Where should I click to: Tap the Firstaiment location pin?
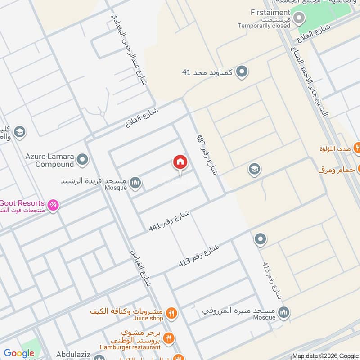tap(299, 18)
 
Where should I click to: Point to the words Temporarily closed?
tap(264, 26)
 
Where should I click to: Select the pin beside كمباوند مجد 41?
tap(242, 72)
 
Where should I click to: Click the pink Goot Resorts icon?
tap(53, 205)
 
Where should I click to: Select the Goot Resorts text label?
tap(22, 203)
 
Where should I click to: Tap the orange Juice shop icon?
tap(171, 313)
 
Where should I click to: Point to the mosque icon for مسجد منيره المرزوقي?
tap(283, 312)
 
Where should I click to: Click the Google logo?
tap(19, 353)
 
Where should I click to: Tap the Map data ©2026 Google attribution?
tap(325, 355)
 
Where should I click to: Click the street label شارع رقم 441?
tap(170, 221)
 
